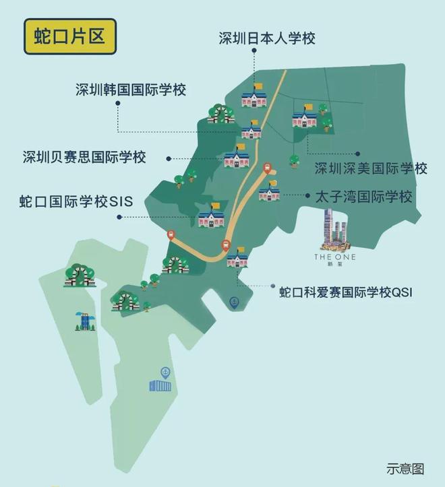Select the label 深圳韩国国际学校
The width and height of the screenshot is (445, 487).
131,89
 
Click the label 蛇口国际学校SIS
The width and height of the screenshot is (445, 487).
76,201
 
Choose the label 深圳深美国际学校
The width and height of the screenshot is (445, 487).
371,168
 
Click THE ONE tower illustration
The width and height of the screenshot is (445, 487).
334,230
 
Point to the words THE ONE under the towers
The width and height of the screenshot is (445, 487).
334,257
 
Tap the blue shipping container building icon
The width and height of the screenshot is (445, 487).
160,385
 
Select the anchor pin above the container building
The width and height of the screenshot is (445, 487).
164,371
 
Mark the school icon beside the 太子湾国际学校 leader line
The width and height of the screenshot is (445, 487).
269,193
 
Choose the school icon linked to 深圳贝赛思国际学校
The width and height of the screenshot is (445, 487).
237,158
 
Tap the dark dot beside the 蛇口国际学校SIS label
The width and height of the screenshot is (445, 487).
119,217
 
